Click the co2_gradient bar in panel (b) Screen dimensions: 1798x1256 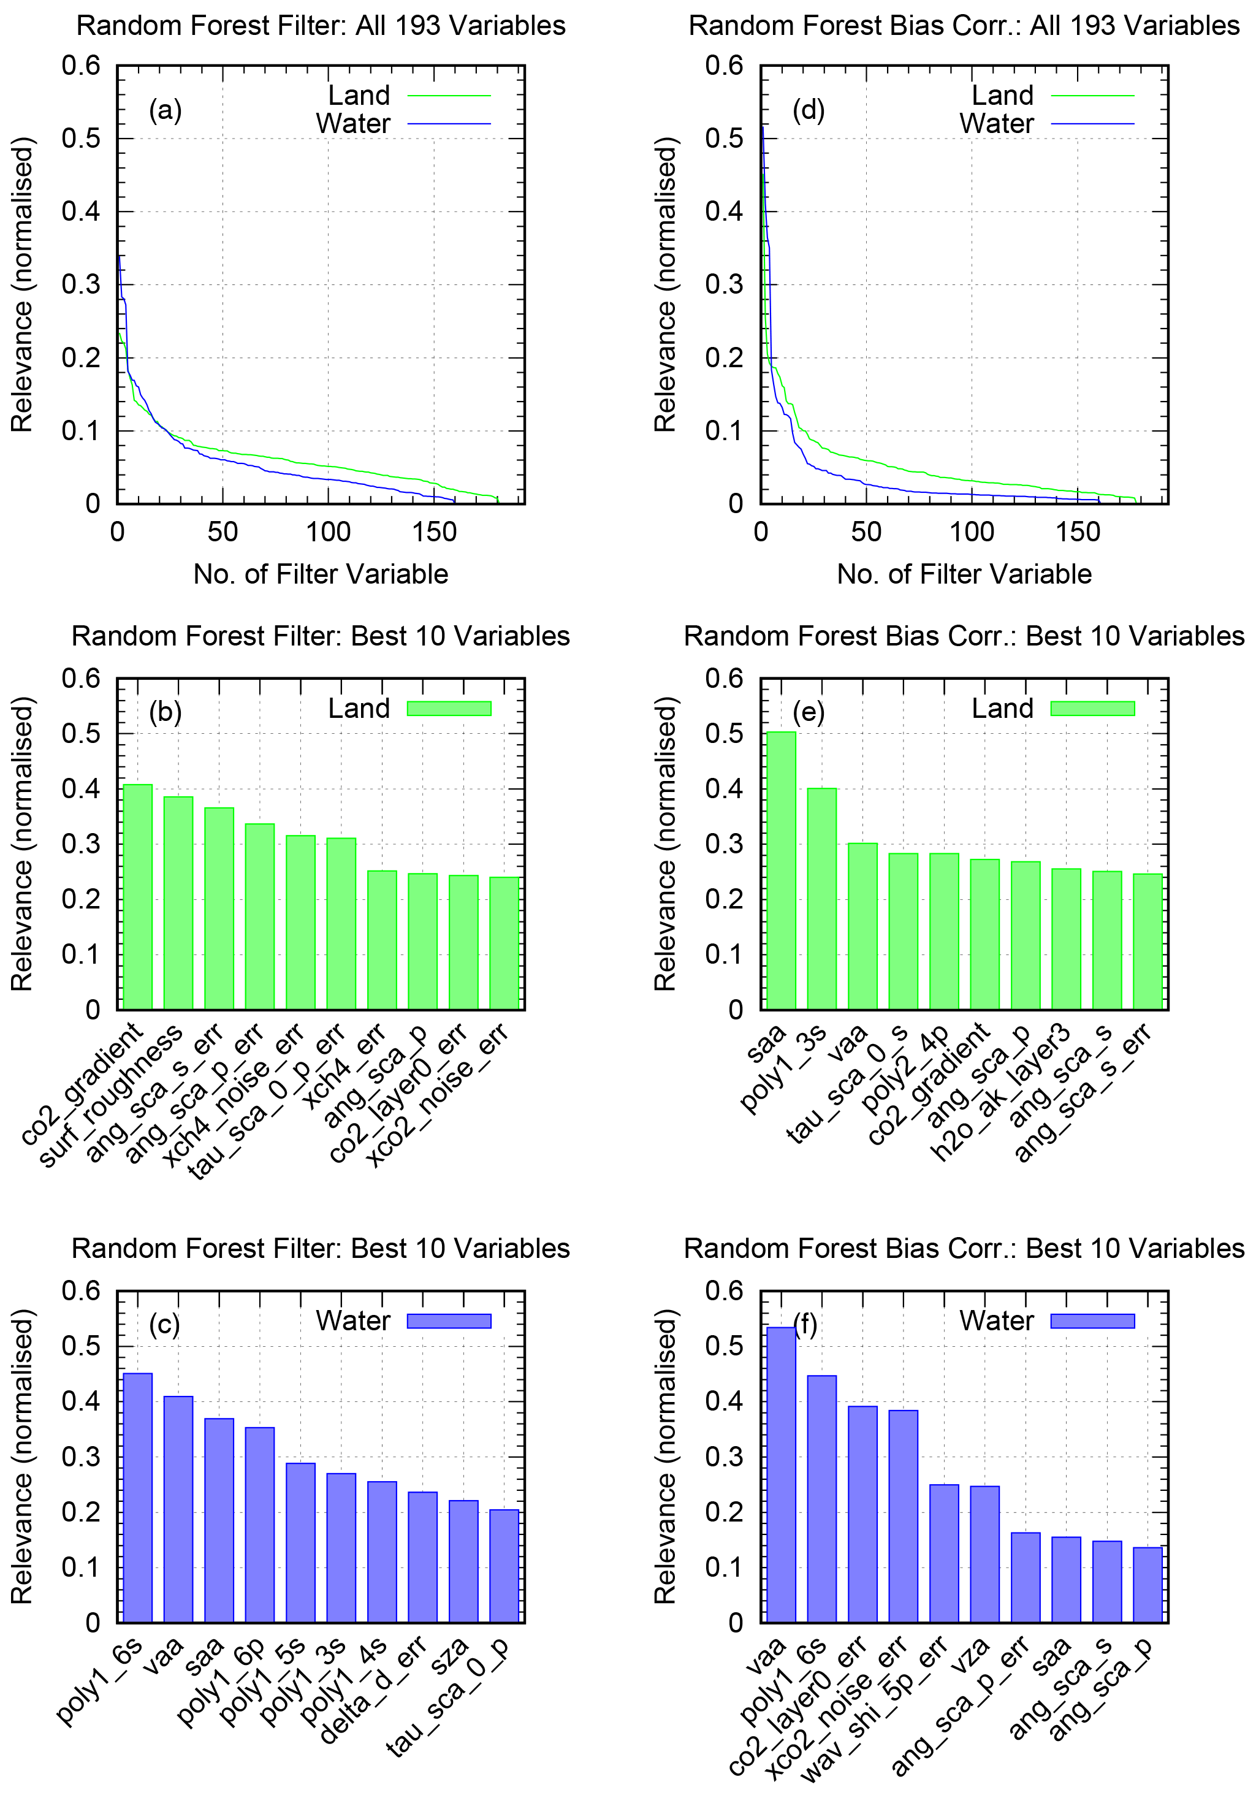138,897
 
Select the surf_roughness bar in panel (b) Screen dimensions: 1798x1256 178,903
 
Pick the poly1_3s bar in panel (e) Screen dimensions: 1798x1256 821,898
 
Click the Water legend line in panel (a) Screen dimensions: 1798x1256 449,124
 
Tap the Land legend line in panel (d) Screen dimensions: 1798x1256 1092,96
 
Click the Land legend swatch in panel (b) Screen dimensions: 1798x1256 449,709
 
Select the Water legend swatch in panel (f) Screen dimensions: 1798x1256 1092,1321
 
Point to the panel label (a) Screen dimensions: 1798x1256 166,110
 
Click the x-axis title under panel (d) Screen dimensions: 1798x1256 964,574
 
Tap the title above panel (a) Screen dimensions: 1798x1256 321,26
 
